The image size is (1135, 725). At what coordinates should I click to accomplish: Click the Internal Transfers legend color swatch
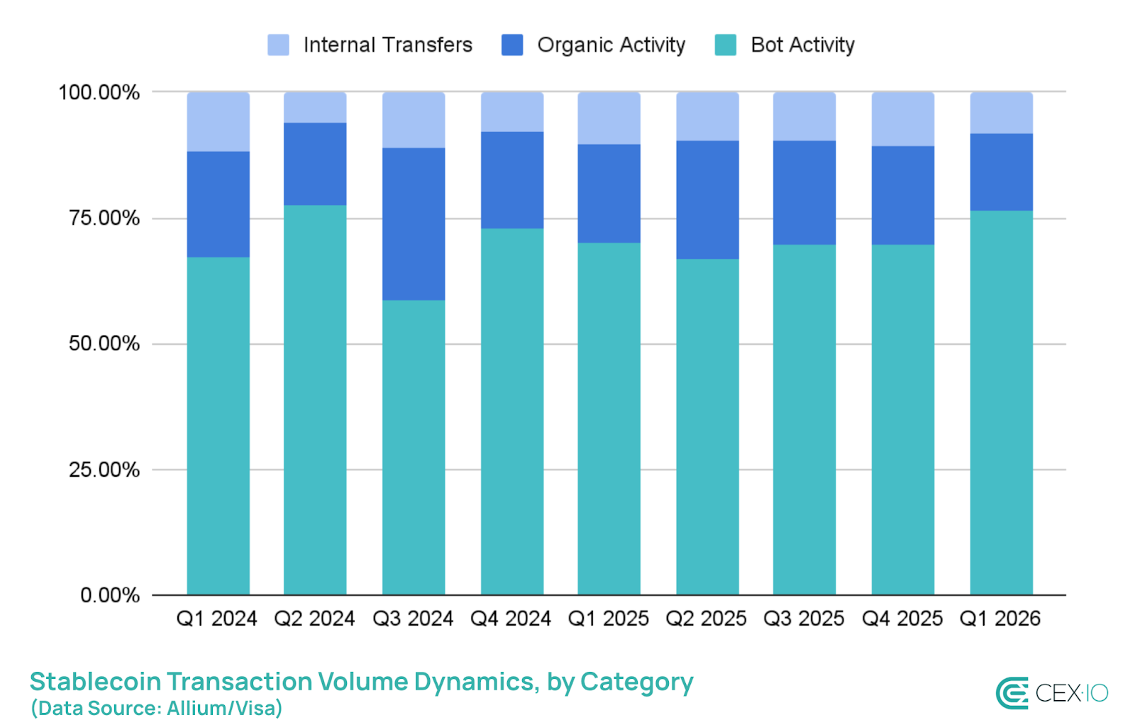278,45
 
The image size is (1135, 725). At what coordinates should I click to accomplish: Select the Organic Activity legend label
611,45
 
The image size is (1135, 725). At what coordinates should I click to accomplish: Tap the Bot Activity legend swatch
725,45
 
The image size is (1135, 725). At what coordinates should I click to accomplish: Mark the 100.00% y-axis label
99,93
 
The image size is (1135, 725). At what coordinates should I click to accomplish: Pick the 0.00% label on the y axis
110,595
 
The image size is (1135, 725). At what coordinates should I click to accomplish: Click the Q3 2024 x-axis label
413,619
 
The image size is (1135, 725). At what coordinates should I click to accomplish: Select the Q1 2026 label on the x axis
1000,619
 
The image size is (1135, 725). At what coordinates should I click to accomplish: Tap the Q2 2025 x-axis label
706,619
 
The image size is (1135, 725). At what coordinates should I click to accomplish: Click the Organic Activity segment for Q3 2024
414,223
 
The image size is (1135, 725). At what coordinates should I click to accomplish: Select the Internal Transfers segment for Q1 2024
218,121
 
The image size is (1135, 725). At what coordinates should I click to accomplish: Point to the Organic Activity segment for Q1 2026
1001,172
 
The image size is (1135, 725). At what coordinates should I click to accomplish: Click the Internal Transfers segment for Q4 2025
902,119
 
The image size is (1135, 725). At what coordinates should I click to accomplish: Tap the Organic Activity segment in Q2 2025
707,199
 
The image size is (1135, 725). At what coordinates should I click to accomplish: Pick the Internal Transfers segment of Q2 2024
315,107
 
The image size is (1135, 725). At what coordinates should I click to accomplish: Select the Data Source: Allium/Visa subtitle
157,708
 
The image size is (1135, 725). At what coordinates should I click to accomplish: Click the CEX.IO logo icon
1012,693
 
